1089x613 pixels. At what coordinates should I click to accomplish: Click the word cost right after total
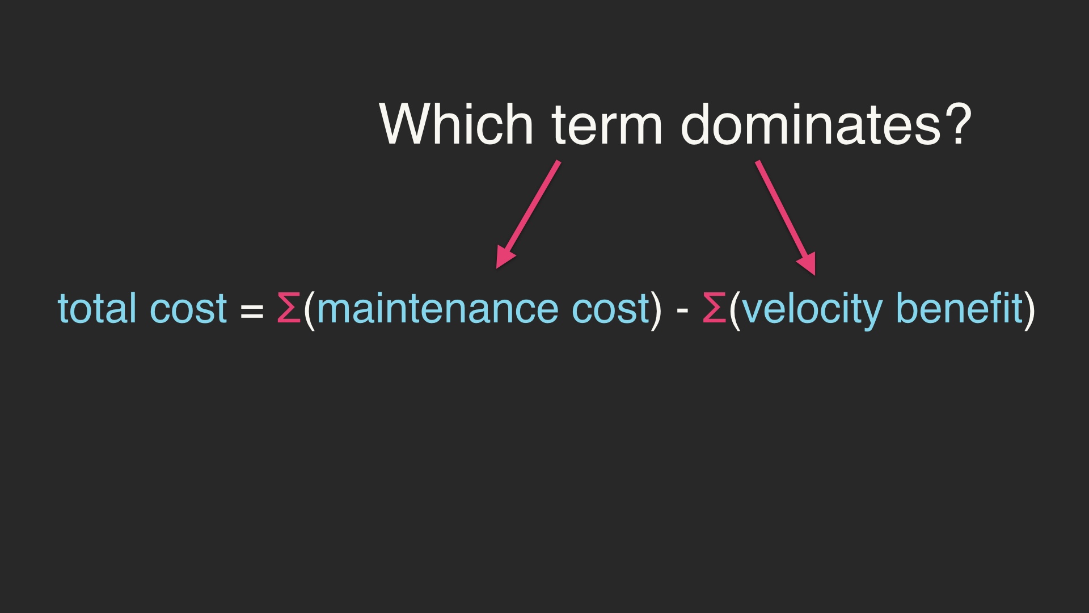point(188,310)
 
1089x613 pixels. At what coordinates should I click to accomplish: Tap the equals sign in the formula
point(252,311)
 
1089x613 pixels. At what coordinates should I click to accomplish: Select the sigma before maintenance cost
point(289,308)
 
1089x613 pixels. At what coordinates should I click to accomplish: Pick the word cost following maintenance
point(610,310)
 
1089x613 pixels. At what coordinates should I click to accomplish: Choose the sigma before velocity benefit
point(714,308)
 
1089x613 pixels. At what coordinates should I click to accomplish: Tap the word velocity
point(812,311)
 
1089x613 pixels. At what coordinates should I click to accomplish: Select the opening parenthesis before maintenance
point(309,310)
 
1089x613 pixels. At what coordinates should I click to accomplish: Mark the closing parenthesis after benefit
point(1030,310)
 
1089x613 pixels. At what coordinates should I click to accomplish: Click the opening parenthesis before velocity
point(735,310)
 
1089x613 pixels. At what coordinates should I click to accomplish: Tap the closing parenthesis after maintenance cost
point(657,310)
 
